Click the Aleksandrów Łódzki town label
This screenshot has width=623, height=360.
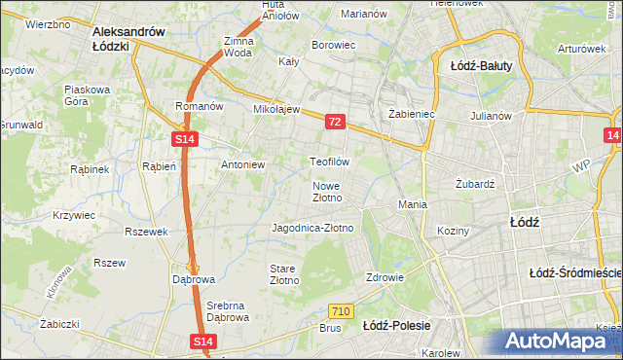[x=128, y=38]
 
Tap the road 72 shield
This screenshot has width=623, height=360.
[x=335, y=122]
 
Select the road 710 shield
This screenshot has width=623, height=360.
[x=340, y=311]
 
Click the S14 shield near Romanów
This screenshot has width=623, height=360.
[x=186, y=140]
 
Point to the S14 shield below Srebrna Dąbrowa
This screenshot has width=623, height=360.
[x=202, y=342]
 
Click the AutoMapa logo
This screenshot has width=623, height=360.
[x=559, y=342]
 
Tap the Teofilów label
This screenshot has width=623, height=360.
[x=328, y=161]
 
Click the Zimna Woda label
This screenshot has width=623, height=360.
[x=238, y=48]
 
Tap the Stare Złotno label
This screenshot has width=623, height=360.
[x=283, y=273]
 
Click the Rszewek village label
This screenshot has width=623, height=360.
[x=147, y=232]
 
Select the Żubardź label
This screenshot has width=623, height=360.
[x=476, y=183]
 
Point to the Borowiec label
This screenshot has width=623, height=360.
[x=332, y=45]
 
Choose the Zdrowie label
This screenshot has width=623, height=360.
[x=385, y=276]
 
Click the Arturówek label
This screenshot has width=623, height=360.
[x=582, y=48]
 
